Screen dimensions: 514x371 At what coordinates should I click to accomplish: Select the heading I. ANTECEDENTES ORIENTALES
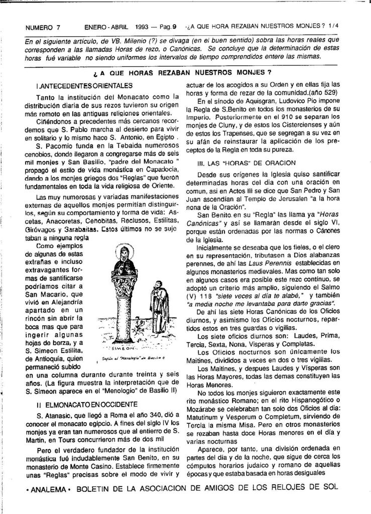tap(84, 86)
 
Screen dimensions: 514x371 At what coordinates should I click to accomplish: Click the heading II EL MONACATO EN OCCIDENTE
tap(86, 404)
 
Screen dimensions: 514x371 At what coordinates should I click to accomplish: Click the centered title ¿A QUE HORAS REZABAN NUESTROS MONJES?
tap(186, 73)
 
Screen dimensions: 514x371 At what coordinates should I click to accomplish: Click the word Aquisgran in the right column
tap(254, 101)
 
